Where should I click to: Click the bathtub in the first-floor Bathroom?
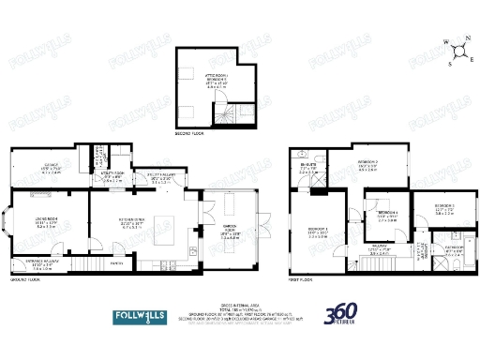click(x=449, y=264)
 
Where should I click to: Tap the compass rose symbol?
click(x=457, y=50)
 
